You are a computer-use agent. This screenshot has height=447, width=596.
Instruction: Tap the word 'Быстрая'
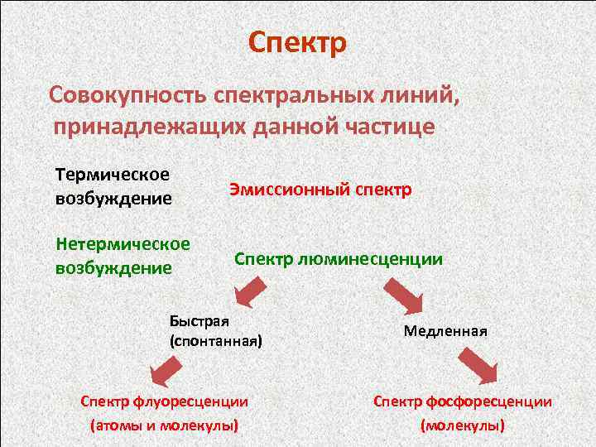199,321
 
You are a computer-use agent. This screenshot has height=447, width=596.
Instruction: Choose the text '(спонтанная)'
215,340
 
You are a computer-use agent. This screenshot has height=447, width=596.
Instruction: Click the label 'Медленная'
445,331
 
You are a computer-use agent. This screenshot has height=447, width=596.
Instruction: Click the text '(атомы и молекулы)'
164,425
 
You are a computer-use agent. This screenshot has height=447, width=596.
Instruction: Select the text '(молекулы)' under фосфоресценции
463,425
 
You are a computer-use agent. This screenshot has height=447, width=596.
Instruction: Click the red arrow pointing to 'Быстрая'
251,291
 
